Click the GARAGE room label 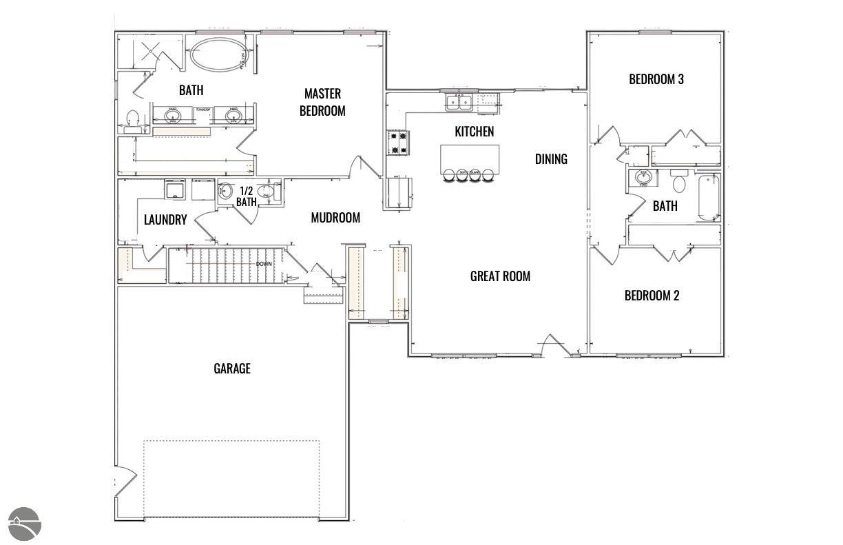click(x=231, y=369)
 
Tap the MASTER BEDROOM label click(x=322, y=102)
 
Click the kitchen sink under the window click(x=459, y=103)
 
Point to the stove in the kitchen click(x=399, y=143)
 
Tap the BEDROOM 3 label click(x=656, y=79)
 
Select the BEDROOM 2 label click(x=652, y=296)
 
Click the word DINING click(x=551, y=159)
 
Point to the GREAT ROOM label click(x=500, y=276)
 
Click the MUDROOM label click(x=335, y=218)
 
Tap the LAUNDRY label click(x=165, y=220)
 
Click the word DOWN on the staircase click(x=264, y=264)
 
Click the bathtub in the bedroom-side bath click(x=709, y=196)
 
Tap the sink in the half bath click(x=226, y=192)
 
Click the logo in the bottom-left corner click(x=25, y=524)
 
